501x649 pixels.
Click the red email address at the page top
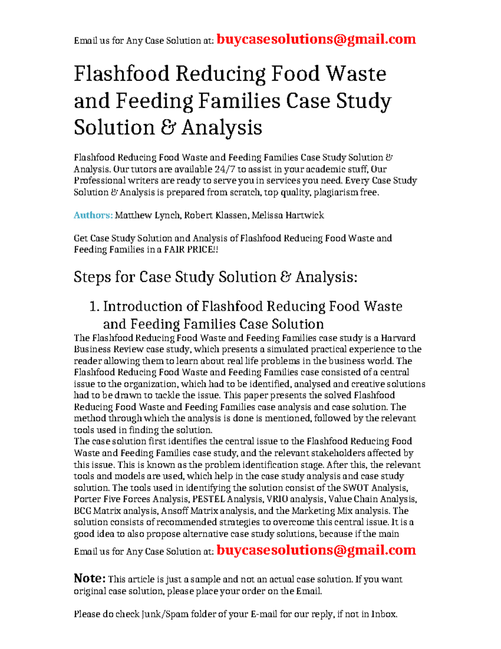click(x=316, y=39)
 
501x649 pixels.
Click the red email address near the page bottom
click(x=316, y=550)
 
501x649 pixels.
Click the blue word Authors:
click(x=93, y=215)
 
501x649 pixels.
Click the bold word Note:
click(x=89, y=578)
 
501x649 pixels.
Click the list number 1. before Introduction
click(x=94, y=307)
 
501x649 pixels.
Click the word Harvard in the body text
click(x=398, y=338)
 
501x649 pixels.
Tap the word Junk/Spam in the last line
click(x=164, y=614)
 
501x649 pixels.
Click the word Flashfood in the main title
click(x=121, y=74)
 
